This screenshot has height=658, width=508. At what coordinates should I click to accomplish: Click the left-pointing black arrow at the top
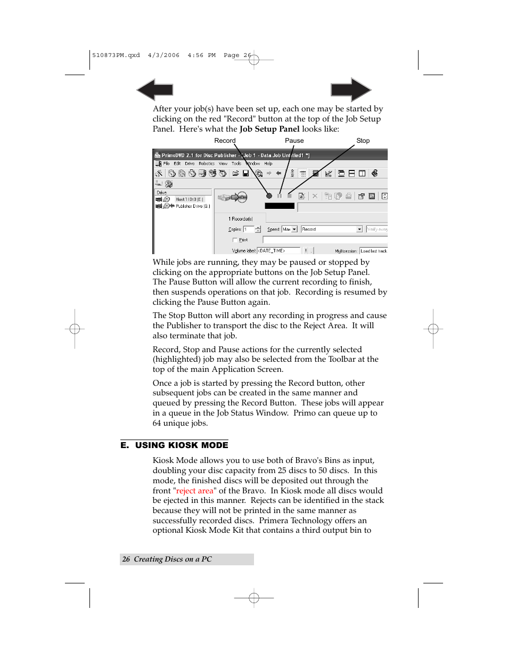[154, 90]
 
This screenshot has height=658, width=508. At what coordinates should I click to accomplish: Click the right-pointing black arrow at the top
[350, 90]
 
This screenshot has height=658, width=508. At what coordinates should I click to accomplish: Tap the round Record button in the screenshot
[269, 196]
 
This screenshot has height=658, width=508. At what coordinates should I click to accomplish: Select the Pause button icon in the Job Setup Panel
[279, 196]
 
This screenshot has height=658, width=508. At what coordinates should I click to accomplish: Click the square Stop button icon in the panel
[290, 196]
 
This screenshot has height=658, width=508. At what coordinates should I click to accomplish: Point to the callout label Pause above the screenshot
[294, 141]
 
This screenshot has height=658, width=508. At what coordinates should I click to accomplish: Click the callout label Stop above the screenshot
[363, 141]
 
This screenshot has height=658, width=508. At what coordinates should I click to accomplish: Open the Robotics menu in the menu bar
[207, 164]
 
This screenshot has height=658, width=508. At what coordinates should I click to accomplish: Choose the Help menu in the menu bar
[268, 164]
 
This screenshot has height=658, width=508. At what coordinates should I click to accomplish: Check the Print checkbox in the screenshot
[235, 240]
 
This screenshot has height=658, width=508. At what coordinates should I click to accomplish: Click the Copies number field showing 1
[248, 229]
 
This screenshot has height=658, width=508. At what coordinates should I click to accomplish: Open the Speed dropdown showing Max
[290, 229]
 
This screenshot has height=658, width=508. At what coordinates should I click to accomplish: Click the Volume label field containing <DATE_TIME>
[278, 250]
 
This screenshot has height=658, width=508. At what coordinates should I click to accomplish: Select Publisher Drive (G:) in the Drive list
[192, 206]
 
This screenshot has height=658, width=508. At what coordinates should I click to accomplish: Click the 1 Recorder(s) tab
[240, 218]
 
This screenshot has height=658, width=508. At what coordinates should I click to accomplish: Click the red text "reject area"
[195, 491]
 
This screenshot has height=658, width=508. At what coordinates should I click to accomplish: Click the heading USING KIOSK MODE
[182, 445]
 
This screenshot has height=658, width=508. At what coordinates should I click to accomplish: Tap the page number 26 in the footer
[126, 559]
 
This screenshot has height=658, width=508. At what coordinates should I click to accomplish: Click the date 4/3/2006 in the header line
[163, 55]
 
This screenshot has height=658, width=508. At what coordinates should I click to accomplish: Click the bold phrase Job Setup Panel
[269, 129]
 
